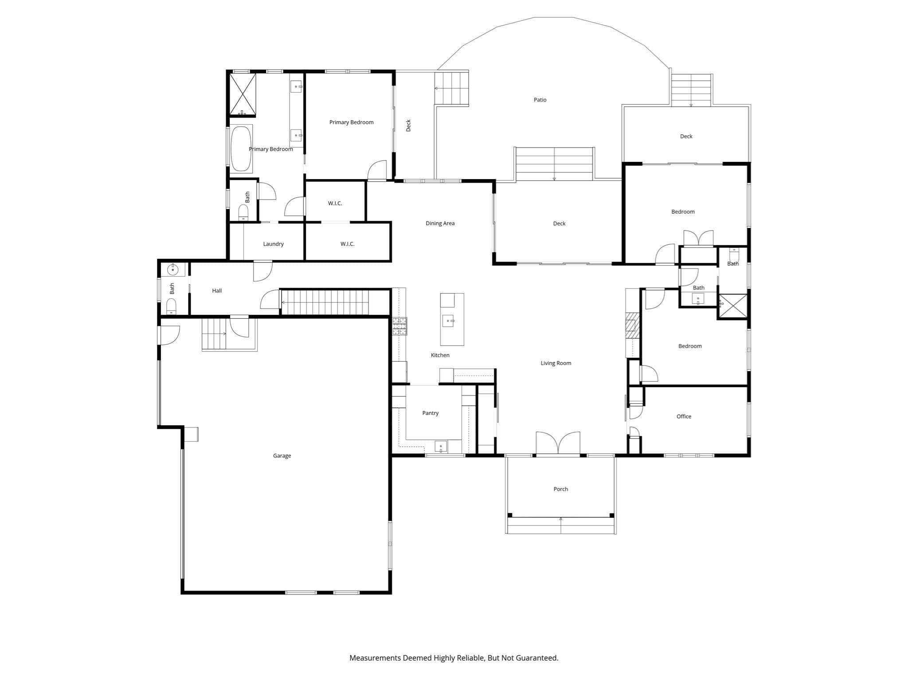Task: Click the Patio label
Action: click(x=540, y=100)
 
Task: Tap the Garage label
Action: click(x=282, y=456)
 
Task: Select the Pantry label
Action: click(x=430, y=413)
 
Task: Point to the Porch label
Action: click(x=560, y=489)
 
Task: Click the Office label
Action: click(x=684, y=416)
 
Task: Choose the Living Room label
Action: click(x=556, y=363)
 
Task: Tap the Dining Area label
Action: click(x=440, y=223)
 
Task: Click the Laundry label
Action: click(x=273, y=244)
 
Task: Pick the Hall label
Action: click(x=217, y=291)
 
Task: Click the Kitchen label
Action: click(x=440, y=355)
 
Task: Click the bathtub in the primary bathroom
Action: click(x=241, y=149)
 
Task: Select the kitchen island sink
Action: click(x=449, y=321)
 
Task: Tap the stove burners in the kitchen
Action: click(x=399, y=326)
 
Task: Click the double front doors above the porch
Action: click(x=558, y=443)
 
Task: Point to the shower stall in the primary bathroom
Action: click(x=242, y=94)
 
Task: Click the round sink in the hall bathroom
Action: click(x=172, y=269)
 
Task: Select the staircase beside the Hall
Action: click(x=325, y=302)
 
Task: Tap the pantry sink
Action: click(x=441, y=446)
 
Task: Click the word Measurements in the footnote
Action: click(x=375, y=658)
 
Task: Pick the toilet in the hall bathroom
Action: click(x=171, y=306)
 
